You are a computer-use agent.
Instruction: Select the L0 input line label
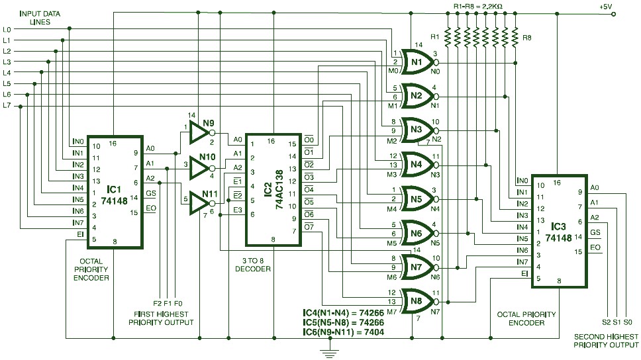(x=7, y=29)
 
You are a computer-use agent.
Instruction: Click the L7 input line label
(x=7, y=105)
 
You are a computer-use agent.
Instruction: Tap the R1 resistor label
(x=434, y=36)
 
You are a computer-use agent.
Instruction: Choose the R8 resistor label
(x=527, y=38)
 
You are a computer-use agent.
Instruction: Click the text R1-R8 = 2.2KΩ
(x=477, y=6)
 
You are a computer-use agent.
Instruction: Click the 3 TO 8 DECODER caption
(x=253, y=265)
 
